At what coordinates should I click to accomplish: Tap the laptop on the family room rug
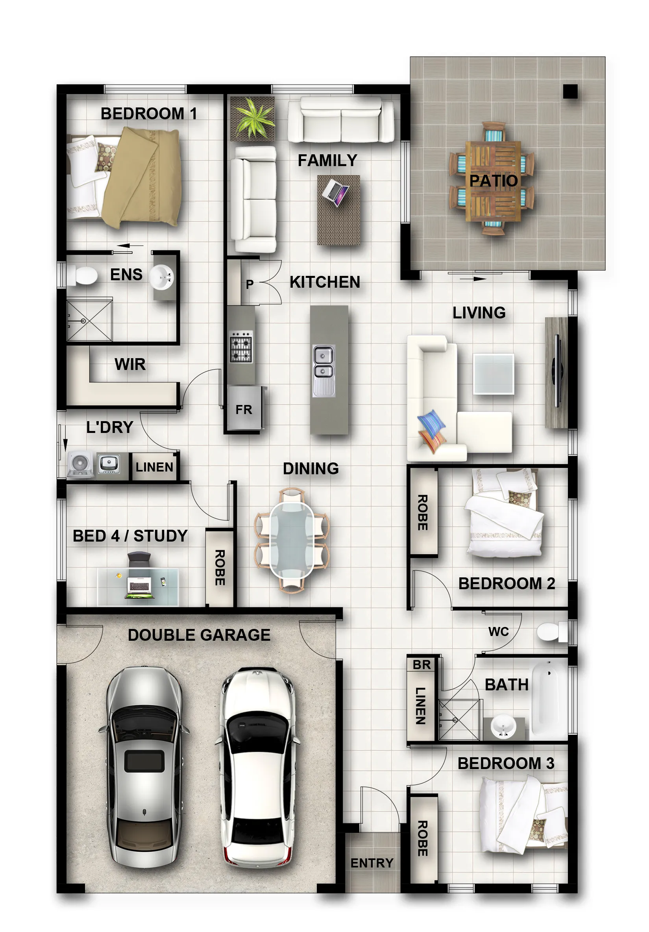click(x=336, y=193)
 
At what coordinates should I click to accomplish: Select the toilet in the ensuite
click(x=82, y=276)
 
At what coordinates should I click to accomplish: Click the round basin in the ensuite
click(x=162, y=277)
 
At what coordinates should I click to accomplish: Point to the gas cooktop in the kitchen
click(x=241, y=347)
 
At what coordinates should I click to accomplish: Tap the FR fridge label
click(x=244, y=410)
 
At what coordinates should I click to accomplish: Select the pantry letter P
click(x=250, y=284)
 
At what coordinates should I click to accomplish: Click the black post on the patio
click(x=570, y=91)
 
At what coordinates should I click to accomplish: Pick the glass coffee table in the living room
click(x=493, y=374)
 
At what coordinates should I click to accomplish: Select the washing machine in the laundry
click(x=80, y=464)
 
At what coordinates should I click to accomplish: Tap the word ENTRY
click(x=372, y=863)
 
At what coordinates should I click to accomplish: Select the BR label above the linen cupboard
click(x=421, y=665)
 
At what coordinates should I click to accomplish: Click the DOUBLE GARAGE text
click(x=199, y=635)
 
